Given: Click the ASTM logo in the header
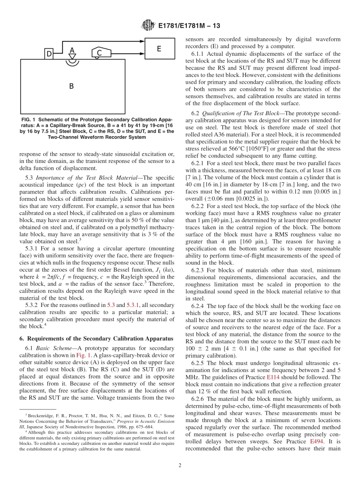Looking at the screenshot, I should click(x=148, y=25).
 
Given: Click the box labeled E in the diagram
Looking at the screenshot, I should click(x=160, y=49).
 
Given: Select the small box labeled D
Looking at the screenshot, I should click(x=49, y=54).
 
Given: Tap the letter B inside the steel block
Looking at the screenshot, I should click(x=71, y=86).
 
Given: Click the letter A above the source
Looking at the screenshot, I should click(x=72, y=50).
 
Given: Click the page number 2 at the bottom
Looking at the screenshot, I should click(x=180, y=466).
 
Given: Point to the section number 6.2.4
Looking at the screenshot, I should click(x=199, y=306).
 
